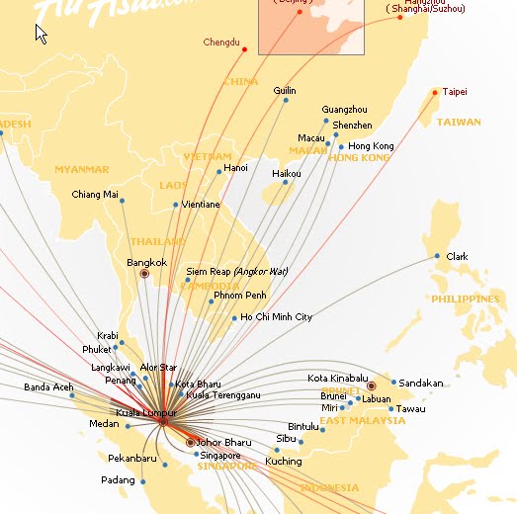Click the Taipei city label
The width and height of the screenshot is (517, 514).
tap(455, 92)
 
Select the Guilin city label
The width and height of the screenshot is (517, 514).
tap(284, 91)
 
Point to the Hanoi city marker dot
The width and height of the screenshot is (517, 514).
tap(218, 171)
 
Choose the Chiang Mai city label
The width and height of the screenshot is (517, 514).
tap(95, 195)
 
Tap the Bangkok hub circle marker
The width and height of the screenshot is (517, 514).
tap(144, 273)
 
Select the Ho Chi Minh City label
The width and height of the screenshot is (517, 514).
tap(277, 317)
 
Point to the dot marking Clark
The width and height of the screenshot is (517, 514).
tap(437, 257)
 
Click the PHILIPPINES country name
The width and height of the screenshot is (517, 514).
tap(465, 299)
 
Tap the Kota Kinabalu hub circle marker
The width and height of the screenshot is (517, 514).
tap(372, 386)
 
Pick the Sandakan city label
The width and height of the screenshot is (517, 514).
tap(422, 383)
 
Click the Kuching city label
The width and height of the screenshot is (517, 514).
tap(284, 462)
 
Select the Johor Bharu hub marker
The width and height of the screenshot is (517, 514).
tap(190, 442)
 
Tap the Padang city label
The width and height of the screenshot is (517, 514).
tap(118, 480)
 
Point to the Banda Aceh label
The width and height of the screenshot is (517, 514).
tap(48, 386)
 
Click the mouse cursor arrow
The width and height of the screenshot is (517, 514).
tap(42, 34)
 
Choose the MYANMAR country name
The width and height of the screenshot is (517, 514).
tap(81, 170)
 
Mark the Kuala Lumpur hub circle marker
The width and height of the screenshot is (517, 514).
tap(163, 421)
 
